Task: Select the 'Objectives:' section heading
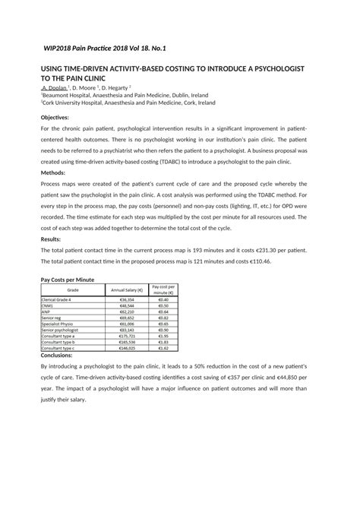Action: coord(54,117)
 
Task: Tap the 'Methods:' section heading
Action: coord(52,172)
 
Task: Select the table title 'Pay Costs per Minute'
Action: coord(67,280)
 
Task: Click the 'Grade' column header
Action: coord(73,290)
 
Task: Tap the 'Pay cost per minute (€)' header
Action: coord(163,290)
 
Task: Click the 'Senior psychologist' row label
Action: coord(60,330)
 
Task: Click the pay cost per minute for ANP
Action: coord(163,312)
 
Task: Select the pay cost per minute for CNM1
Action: coord(163,306)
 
